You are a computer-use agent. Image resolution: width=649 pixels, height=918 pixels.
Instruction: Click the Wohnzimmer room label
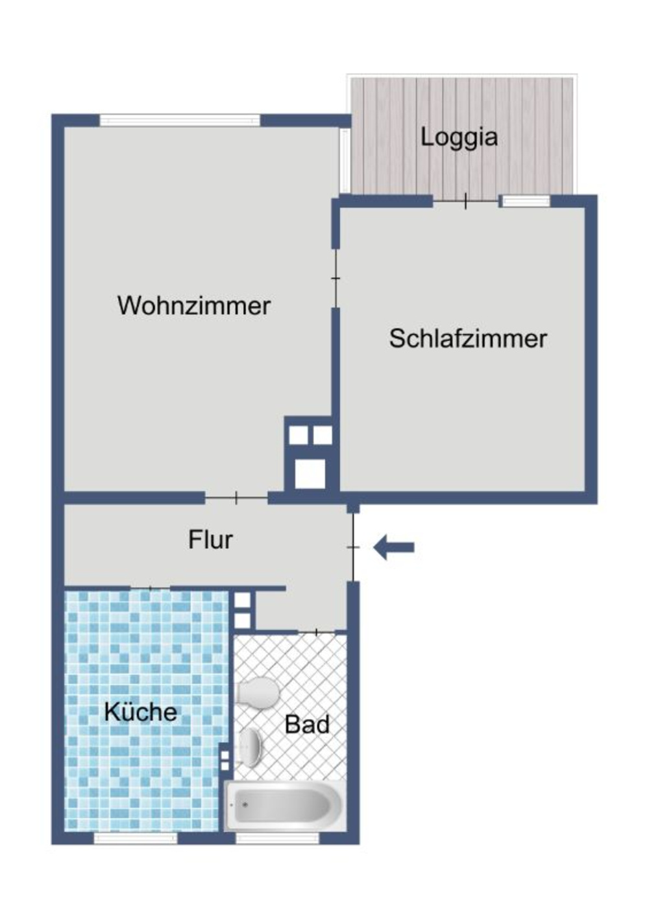(x=193, y=306)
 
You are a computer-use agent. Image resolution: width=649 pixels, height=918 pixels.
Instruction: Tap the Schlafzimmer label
(x=468, y=339)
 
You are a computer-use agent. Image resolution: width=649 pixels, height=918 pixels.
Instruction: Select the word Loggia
(x=459, y=137)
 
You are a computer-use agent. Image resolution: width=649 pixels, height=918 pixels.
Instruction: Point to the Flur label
(x=210, y=540)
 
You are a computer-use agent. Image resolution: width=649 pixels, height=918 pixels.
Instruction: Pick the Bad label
(x=307, y=724)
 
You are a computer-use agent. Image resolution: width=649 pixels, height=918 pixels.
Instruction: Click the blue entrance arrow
(x=393, y=547)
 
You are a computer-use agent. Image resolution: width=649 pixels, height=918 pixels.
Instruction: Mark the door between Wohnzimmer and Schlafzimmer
(x=336, y=278)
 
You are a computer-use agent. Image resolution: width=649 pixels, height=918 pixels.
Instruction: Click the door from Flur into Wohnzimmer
(x=236, y=497)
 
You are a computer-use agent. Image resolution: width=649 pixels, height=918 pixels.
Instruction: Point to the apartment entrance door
(x=353, y=547)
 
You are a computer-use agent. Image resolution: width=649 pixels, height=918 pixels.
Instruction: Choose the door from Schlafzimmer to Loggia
(x=465, y=201)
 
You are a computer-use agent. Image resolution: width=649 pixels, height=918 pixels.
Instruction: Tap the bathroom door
(x=316, y=632)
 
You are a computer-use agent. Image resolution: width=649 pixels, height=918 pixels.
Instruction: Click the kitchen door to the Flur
(x=150, y=589)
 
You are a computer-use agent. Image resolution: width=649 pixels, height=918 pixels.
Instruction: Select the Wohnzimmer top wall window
(x=180, y=121)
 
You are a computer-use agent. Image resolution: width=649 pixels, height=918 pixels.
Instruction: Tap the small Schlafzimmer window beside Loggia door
(x=526, y=201)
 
